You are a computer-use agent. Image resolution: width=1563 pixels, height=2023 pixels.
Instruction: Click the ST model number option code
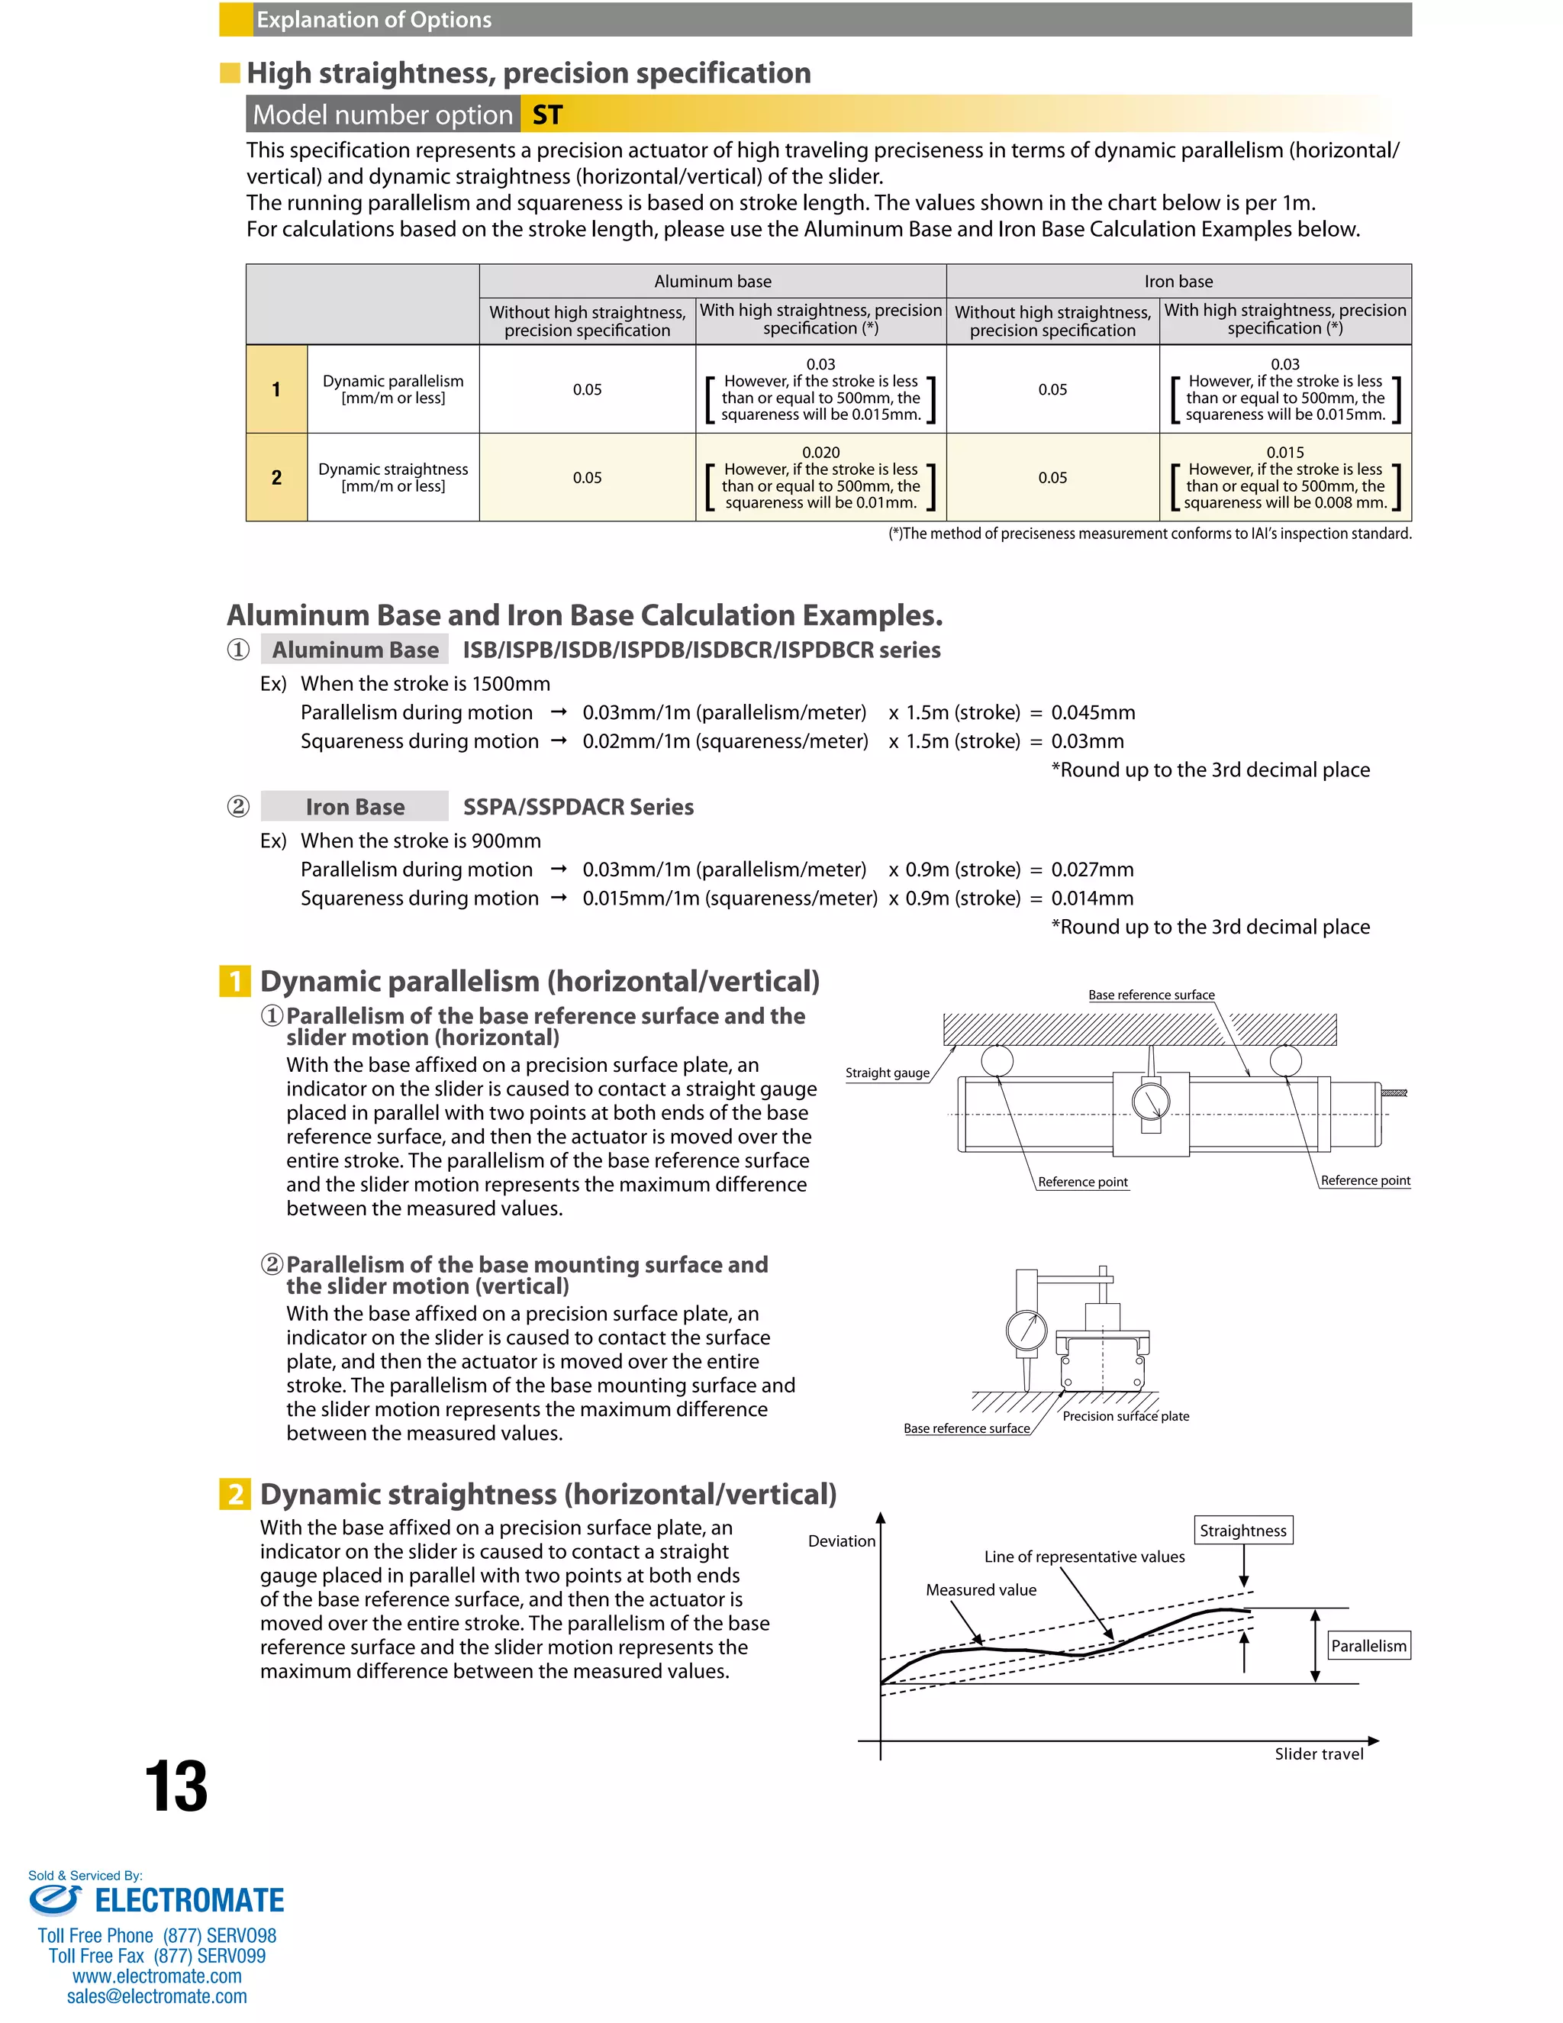tap(547, 115)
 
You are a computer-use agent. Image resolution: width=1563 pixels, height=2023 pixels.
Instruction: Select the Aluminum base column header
tap(712, 281)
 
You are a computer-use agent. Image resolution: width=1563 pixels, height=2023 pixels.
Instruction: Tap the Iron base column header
tap(1178, 281)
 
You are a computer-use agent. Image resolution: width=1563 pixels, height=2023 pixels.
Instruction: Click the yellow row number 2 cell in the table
tap(276, 477)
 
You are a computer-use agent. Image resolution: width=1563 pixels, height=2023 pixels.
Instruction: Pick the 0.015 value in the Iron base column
tap(1284, 452)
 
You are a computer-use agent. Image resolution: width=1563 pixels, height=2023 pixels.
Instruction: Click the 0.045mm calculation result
tap(1093, 712)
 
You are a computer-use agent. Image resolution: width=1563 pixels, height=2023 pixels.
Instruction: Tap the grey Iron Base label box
tap(355, 807)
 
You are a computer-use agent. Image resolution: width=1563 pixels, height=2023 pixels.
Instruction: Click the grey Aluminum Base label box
tap(355, 650)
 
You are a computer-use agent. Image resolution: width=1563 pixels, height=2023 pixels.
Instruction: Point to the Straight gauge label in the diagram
tap(887, 1073)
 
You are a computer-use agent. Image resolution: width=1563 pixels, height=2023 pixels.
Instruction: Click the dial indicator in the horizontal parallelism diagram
tap(1151, 1102)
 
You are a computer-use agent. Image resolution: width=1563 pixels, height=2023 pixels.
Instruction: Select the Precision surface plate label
tap(1125, 1416)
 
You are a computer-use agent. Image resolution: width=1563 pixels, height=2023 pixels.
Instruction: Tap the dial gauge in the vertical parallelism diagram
tap(1026, 1331)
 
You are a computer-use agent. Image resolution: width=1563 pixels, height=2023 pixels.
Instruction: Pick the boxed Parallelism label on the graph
tap(1368, 1646)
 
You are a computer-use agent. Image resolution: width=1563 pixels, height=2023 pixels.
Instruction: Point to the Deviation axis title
tap(841, 1541)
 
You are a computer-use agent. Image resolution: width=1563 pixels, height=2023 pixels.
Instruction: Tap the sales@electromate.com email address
tap(156, 1996)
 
